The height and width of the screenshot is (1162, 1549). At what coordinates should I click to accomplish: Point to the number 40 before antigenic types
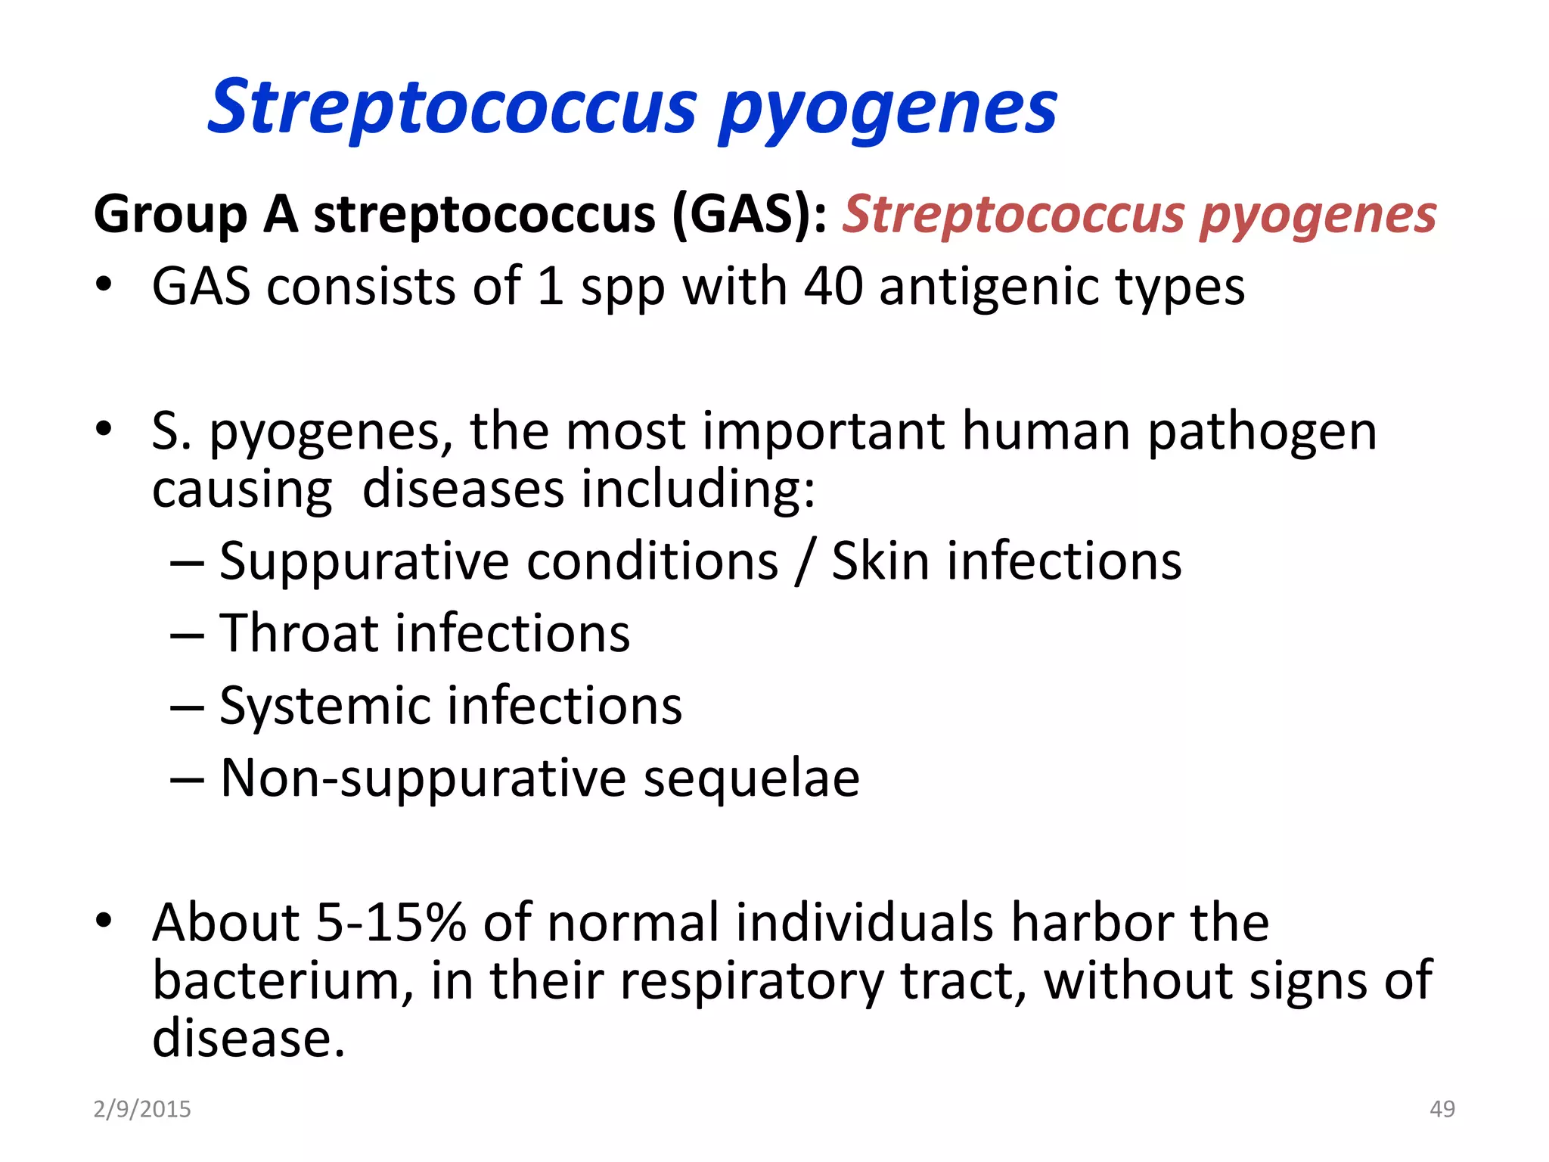[x=833, y=287]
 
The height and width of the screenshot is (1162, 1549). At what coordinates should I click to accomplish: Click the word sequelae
[x=751, y=778]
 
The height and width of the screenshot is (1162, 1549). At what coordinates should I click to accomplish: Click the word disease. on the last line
[x=249, y=1038]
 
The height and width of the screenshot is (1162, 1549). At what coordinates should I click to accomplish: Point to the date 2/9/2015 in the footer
[x=142, y=1109]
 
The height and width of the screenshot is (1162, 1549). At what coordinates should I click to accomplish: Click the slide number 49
[x=1442, y=1109]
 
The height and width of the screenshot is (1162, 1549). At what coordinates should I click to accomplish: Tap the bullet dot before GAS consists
[x=104, y=285]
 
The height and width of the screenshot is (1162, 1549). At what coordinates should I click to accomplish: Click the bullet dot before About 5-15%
[x=104, y=921]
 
